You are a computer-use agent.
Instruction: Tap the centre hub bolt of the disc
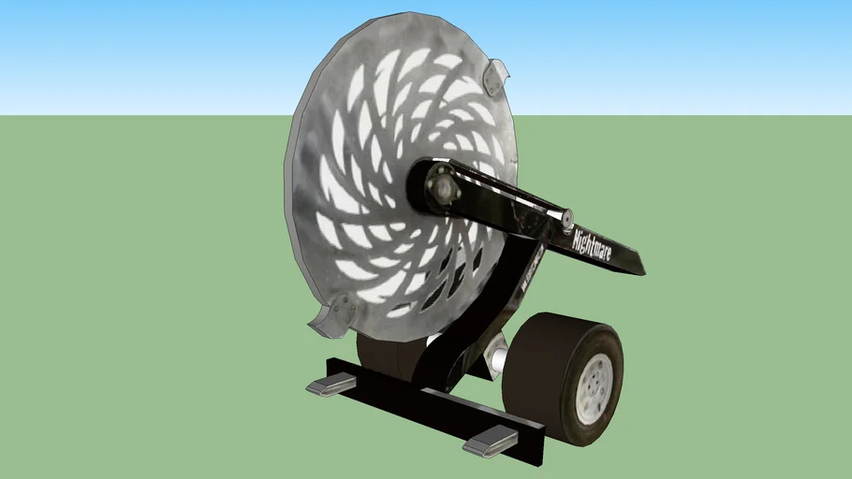click(x=442, y=188)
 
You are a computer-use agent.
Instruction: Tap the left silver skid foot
click(x=331, y=385)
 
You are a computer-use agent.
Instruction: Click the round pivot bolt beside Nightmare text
click(x=566, y=218)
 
